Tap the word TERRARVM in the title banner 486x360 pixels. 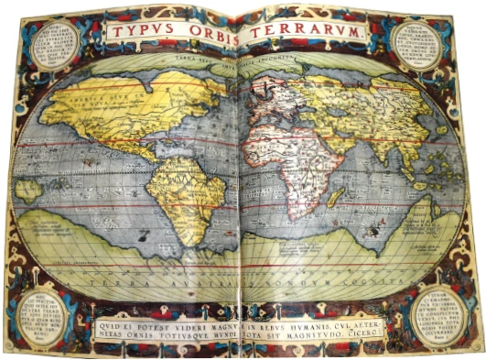click(302, 33)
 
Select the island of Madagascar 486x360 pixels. click(335, 196)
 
